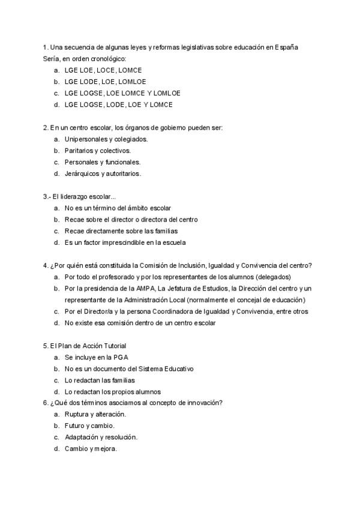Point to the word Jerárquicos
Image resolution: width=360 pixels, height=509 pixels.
point(82,173)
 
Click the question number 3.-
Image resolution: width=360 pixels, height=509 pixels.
point(47,197)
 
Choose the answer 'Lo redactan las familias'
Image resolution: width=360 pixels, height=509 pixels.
point(100,380)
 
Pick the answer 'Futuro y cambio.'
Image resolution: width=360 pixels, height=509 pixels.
point(89,426)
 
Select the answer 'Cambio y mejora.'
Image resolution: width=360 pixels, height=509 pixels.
point(91,448)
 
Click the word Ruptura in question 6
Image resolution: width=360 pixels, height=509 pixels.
point(77,414)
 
